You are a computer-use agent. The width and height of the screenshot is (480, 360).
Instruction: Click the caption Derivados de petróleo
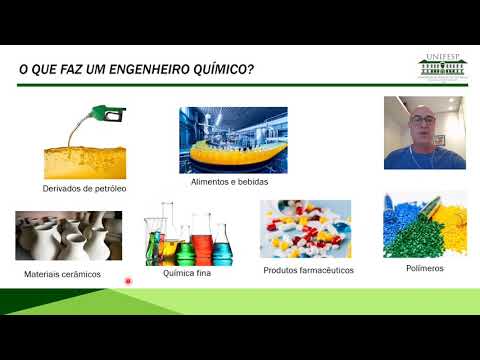click(84, 187)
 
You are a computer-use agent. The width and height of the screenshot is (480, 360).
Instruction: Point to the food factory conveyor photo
click(233, 140)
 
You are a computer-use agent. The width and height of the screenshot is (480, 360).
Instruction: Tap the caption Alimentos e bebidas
click(229, 182)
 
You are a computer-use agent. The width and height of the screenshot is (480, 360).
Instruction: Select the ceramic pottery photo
click(68, 235)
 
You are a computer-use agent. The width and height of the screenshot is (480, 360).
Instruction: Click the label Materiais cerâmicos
click(62, 273)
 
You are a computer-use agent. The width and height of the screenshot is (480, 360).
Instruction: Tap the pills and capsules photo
click(305, 229)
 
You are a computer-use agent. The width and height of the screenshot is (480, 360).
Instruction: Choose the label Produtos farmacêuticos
click(308, 270)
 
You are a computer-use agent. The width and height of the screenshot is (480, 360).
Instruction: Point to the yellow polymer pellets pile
click(451, 217)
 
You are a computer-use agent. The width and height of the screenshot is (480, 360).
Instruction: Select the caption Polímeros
click(425, 269)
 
